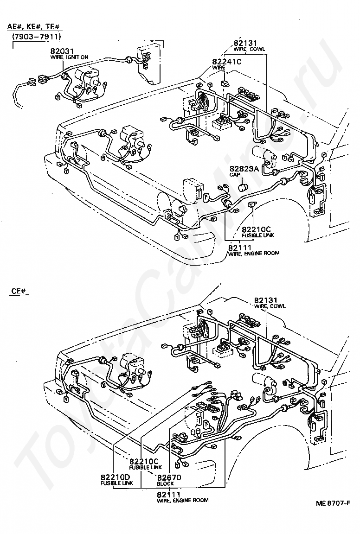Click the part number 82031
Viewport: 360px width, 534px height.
[x=62, y=51]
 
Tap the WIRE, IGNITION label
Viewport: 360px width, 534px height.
[x=70, y=57]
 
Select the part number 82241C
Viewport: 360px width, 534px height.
[x=227, y=62]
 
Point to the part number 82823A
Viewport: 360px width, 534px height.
[x=244, y=169]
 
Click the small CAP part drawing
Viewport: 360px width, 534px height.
[x=243, y=187]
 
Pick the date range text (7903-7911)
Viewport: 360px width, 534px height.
[x=37, y=37]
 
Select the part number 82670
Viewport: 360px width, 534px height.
[x=169, y=478]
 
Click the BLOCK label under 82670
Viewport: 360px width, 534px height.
[x=165, y=483]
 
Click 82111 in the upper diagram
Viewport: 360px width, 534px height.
[x=240, y=248]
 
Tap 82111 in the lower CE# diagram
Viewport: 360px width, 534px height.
[x=169, y=494]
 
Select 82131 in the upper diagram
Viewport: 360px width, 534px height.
[x=245, y=43]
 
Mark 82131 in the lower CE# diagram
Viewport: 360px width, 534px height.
[x=266, y=300]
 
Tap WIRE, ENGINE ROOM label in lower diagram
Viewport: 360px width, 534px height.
[x=183, y=500]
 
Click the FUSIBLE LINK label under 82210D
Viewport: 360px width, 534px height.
[x=116, y=483]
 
